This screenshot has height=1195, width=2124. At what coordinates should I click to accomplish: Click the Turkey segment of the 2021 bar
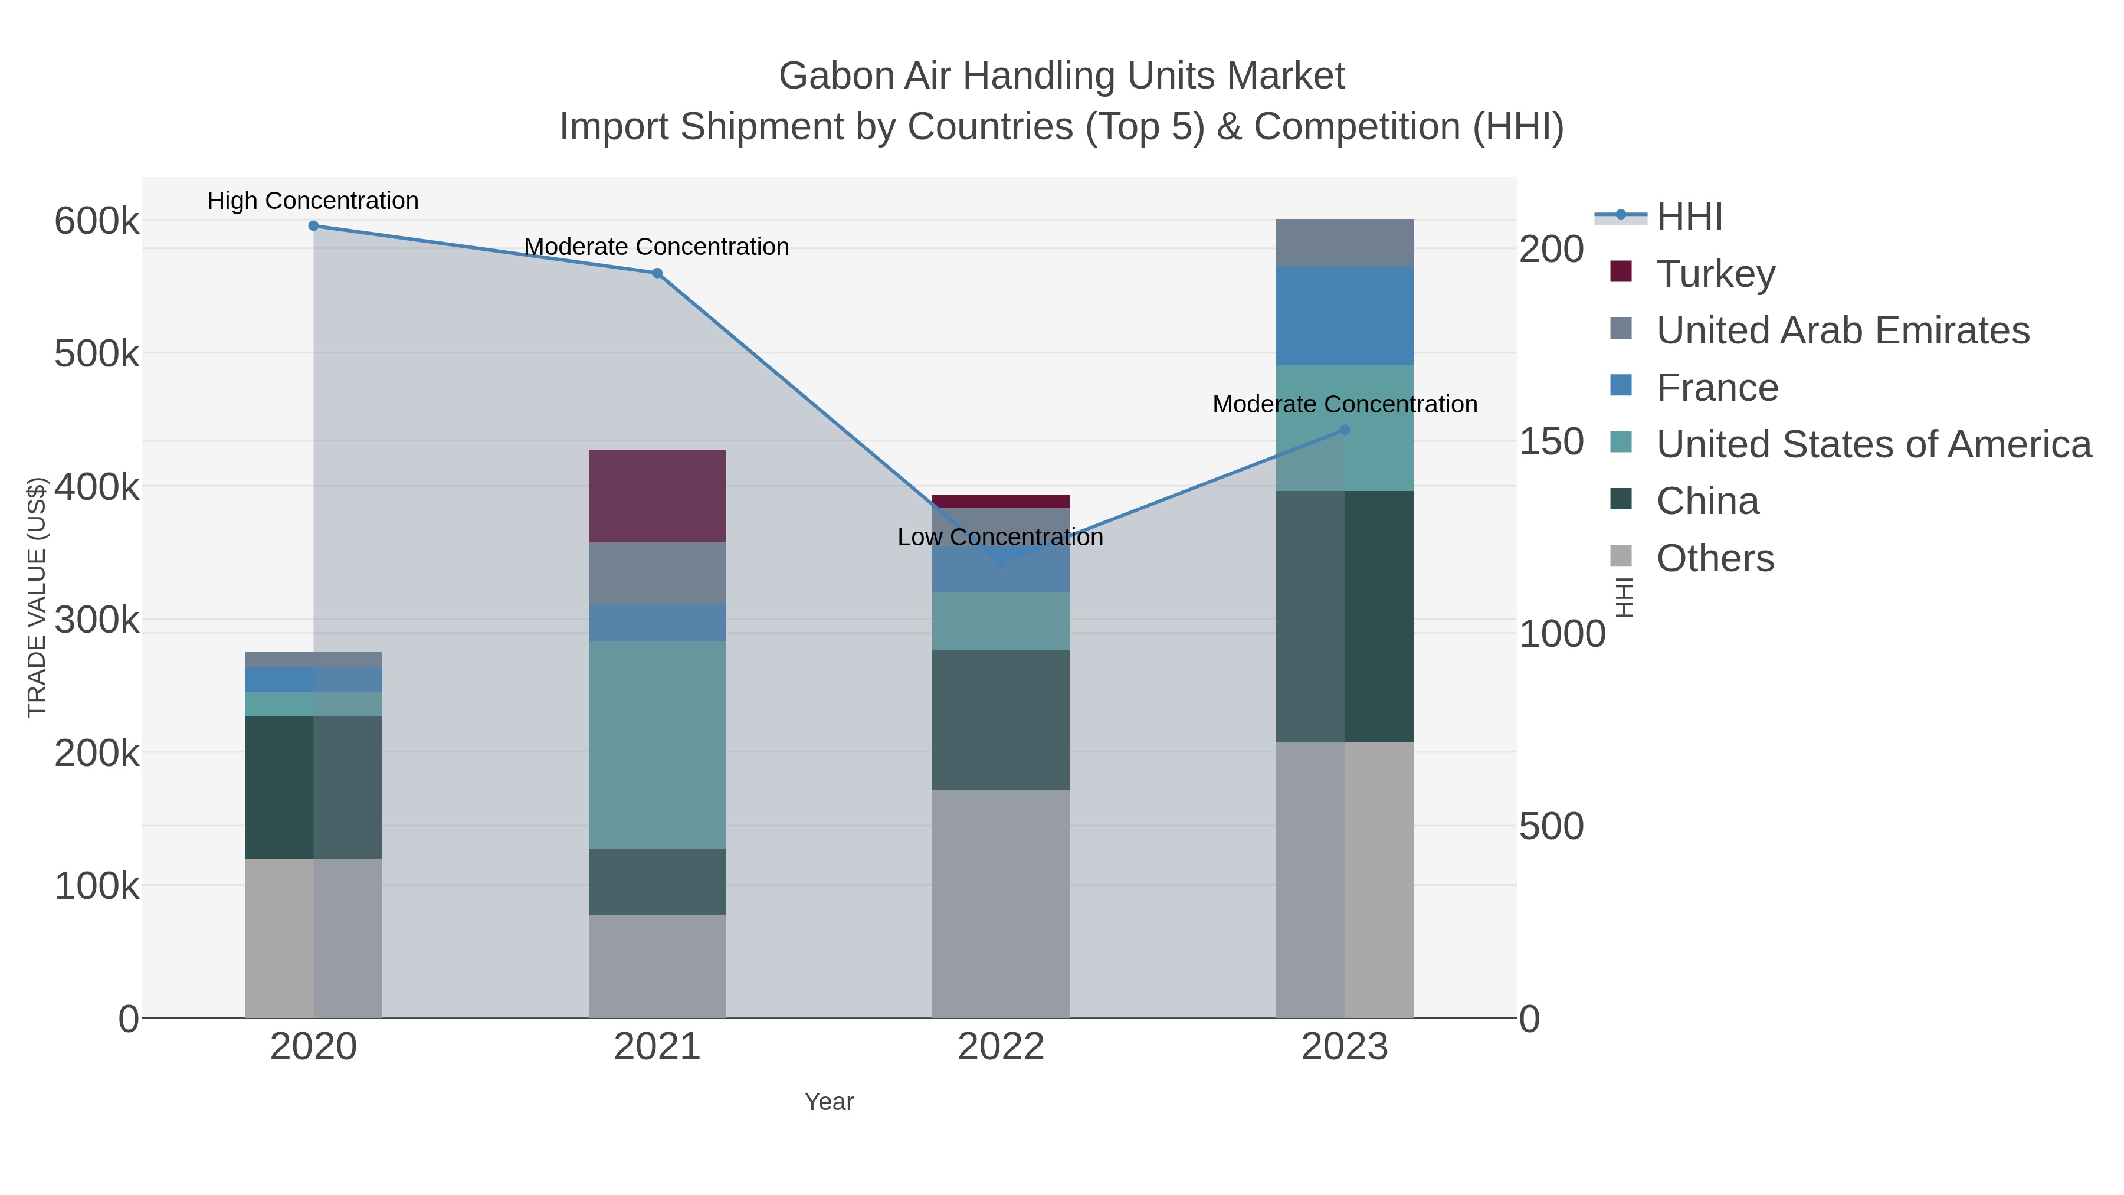pyautogui.click(x=657, y=496)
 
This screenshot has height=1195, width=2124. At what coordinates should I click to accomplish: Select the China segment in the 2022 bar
pyautogui.click(x=1000, y=720)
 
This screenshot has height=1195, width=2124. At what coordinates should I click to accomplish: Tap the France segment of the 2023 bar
pyautogui.click(x=1344, y=316)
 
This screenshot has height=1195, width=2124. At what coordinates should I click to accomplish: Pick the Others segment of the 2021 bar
pyautogui.click(x=657, y=965)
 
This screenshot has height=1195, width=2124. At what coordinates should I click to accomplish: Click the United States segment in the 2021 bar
pyautogui.click(x=657, y=745)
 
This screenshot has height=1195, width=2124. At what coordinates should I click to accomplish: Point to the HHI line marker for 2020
pyautogui.click(x=313, y=226)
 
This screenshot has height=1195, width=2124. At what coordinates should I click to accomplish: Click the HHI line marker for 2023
pyautogui.click(x=1345, y=430)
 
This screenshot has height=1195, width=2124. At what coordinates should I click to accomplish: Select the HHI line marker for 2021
pyautogui.click(x=657, y=273)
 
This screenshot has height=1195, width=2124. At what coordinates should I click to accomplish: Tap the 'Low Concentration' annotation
pyautogui.click(x=999, y=538)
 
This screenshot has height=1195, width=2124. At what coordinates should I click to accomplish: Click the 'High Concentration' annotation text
pyautogui.click(x=313, y=201)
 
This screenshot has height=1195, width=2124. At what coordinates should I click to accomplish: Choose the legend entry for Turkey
pyautogui.click(x=1715, y=274)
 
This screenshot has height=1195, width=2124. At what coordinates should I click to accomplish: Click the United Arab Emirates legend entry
pyautogui.click(x=1842, y=330)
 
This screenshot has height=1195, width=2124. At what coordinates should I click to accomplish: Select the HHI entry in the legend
pyautogui.click(x=1689, y=217)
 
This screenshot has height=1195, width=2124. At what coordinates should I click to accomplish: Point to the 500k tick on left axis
pyautogui.click(x=97, y=355)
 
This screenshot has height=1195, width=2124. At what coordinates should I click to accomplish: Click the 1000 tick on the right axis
pyautogui.click(x=1562, y=634)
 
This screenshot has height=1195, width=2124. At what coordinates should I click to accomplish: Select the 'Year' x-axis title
pyautogui.click(x=829, y=1102)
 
